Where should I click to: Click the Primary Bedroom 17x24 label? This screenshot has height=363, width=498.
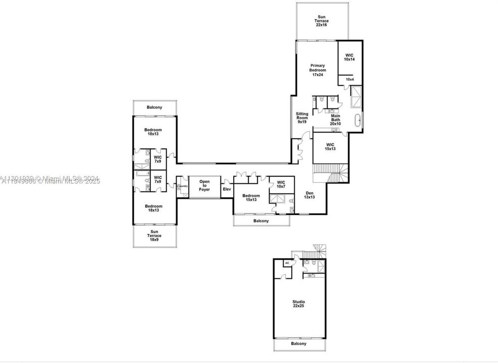317,70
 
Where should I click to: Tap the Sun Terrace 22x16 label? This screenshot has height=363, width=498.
322,21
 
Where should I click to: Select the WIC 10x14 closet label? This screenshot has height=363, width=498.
349,57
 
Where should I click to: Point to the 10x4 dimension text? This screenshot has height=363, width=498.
350,79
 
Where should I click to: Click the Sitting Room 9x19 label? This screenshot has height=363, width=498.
302,118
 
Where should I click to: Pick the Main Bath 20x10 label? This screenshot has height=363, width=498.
336,120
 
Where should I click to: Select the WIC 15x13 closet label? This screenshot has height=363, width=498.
330,147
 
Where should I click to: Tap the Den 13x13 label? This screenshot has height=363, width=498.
309,195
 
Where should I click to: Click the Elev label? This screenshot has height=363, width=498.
227,189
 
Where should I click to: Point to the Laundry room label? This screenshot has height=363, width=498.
183,186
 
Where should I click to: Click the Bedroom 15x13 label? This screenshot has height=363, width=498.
251,198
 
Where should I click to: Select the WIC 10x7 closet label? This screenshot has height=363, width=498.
281,184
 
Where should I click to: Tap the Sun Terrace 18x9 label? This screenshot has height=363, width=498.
154,236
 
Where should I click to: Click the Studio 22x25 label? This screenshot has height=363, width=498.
299,304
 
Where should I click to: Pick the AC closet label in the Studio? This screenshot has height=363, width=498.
287,263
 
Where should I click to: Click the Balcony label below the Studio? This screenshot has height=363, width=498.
299,344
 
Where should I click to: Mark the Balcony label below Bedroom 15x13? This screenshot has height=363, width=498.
261,221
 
